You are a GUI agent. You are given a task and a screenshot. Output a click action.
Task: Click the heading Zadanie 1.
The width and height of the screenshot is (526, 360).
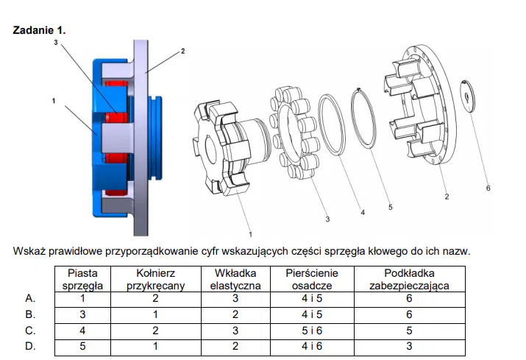pos(39,30)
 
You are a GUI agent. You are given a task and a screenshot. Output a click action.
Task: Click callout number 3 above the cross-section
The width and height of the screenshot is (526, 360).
pos(56,42)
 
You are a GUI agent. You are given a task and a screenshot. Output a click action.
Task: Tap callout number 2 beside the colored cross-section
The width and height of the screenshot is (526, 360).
pos(183,51)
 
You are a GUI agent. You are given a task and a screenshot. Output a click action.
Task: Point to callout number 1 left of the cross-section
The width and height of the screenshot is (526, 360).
pos(54,101)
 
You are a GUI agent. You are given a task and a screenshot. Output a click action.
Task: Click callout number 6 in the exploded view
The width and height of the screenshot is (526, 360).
pos(488,188)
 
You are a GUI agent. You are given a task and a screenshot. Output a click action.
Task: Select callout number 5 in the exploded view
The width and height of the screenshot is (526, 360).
pos(390,207)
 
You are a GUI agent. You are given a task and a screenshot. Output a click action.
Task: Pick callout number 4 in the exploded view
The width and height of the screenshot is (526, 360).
pos(362,212)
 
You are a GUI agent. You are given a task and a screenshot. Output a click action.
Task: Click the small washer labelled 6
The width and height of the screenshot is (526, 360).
pos(467,96)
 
